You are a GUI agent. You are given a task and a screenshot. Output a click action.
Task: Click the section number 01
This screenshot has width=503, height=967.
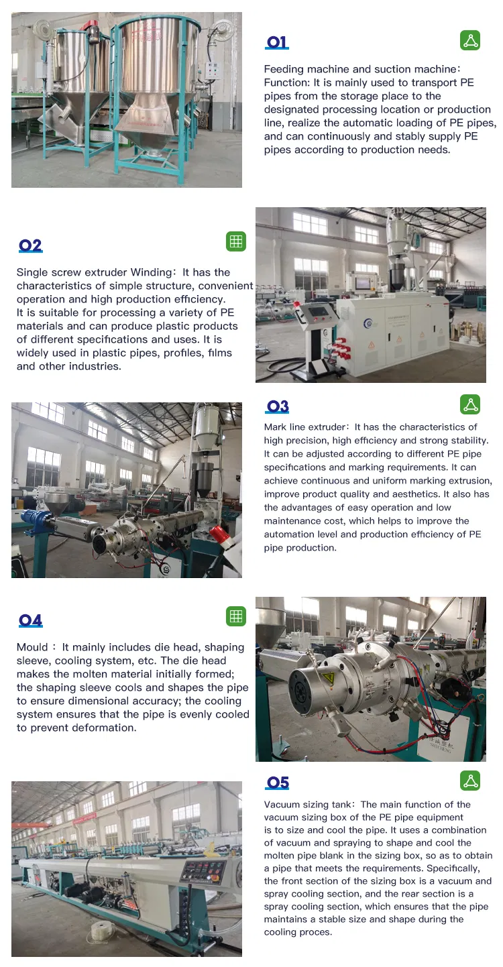pos(277,43)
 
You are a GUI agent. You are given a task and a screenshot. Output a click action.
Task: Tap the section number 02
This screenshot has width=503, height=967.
pos(30,246)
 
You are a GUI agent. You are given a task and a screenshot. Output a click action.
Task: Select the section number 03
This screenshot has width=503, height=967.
pos(277,406)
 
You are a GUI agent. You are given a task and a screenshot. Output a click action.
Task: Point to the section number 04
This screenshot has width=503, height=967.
pos(30,620)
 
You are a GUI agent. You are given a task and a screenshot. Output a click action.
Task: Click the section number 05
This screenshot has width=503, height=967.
pos(277,783)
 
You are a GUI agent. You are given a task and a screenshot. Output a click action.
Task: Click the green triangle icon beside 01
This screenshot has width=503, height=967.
pos(470,40)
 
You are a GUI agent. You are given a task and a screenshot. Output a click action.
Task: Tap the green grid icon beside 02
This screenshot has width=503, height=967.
pos(236,241)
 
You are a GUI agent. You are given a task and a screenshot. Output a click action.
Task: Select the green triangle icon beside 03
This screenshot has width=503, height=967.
pos(470,404)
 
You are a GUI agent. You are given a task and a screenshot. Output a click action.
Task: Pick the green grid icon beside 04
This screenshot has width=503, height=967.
pos(236,616)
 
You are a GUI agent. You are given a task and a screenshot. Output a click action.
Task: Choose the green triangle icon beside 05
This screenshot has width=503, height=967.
pos(470,781)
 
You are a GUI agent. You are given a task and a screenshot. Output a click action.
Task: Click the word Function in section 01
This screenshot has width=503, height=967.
pos(285,82)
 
